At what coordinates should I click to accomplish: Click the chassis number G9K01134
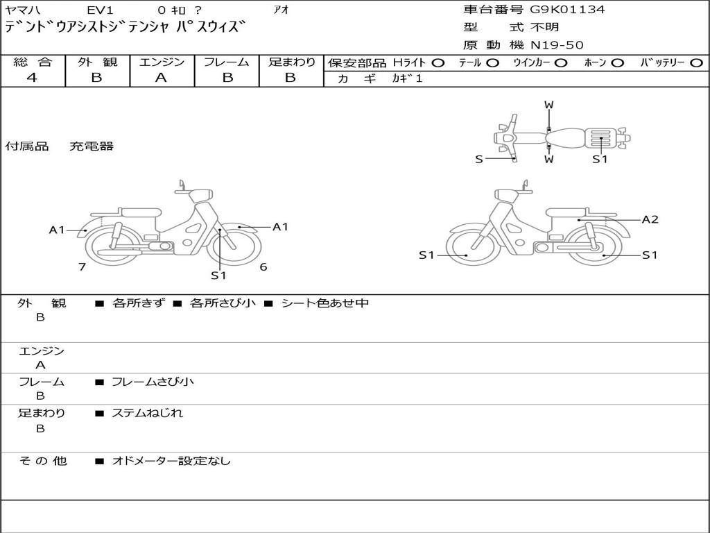pos(567,10)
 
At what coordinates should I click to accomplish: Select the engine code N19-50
pos(557,45)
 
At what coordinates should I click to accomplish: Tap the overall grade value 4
pos(32,78)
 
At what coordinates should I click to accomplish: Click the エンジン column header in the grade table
pos(162,62)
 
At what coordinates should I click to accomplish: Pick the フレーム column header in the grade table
pos(226,62)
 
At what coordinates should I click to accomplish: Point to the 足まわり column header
pos(292,62)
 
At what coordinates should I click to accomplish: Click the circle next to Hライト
pos(438,63)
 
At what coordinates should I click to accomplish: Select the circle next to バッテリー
pos(696,63)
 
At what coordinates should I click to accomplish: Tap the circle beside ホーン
pos(617,63)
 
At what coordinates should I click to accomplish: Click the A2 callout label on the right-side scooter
pos(650,220)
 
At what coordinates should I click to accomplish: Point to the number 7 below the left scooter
pos(82,266)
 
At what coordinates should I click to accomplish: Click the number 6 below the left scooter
pos(263,266)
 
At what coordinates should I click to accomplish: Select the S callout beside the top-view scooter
pos(478,160)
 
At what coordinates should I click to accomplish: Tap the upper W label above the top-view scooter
pos(548,105)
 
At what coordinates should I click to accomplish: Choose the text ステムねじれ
pos(147,413)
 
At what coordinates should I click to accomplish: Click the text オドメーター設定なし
pos(171,461)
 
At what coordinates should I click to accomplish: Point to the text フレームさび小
pos(153,382)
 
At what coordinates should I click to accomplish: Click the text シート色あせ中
pos(324,303)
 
